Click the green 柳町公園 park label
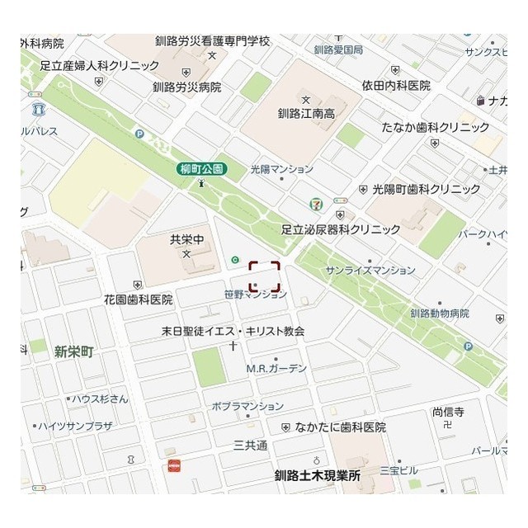pos(201,169)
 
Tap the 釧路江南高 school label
pos(305,114)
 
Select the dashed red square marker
pos(265,276)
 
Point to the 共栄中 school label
pos(186,240)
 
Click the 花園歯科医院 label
pos(138,299)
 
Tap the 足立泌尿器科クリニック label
pos(341,229)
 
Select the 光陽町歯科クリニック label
pos(426,189)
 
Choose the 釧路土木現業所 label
pos(318,476)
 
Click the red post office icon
pos(173,465)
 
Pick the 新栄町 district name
pos(74,351)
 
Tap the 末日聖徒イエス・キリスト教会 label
pos(233,331)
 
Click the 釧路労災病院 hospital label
pos(186,87)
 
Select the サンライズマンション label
pos(370,271)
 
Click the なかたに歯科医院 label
pos(340,427)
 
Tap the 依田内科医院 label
pos(395,85)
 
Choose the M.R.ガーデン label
pos(276,368)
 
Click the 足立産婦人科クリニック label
pos(99,65)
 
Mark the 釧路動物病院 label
pos(439,313)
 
